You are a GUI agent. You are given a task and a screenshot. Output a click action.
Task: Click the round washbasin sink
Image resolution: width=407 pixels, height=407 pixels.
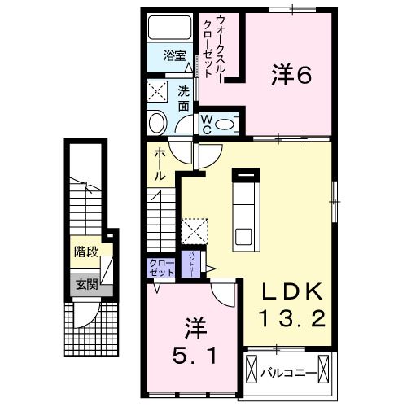157,122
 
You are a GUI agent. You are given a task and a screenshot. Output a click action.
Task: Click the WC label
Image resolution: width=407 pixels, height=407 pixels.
207,123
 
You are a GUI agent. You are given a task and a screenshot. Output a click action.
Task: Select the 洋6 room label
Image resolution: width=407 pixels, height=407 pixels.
291,75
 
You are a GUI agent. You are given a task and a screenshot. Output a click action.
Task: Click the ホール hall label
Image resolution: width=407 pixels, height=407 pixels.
159,163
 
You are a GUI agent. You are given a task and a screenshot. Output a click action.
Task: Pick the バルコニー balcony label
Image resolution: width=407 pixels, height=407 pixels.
289,373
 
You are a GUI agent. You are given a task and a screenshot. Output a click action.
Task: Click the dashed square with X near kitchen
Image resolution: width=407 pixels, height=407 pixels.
195,231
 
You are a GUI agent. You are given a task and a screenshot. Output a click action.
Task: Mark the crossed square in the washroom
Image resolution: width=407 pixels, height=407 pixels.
157,90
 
